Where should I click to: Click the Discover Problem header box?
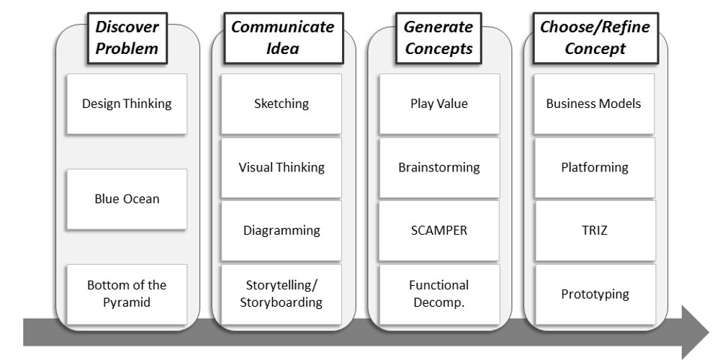coord(127,38)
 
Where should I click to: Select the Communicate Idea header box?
coord(282,38)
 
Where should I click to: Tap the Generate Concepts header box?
coord(438,38)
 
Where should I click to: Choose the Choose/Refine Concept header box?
coord(594,38)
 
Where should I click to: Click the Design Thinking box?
coord(127,103)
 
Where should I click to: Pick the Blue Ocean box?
coord(127,199)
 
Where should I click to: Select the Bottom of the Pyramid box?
coord(127,294)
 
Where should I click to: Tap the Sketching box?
coord(282,103)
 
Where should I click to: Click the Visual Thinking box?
coord(282,168)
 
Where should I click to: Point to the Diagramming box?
coord(282,230)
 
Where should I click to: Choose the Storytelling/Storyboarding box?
coord(282,294)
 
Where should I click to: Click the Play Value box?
coord(438,103)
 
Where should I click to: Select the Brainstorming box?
coord(438,168)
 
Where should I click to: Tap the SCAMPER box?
coord(438,230)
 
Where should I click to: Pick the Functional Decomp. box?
coord(438,294)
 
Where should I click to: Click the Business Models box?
coord(594,103)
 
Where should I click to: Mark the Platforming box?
coord(594,168)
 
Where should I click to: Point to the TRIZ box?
coord(594,230)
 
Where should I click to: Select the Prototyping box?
coord(594,294)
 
